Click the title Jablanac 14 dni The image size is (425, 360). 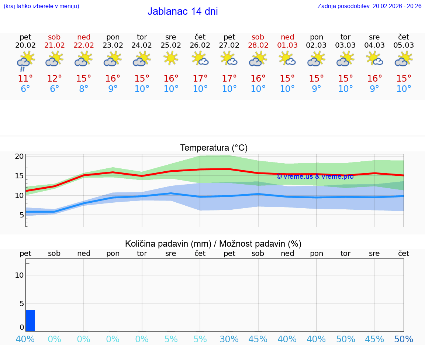coord(183,11)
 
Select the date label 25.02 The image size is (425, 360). coord(171,45)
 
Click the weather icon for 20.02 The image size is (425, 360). coord(25,60)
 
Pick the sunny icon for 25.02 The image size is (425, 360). coord(171,58)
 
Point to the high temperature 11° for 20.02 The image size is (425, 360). coord(25,79)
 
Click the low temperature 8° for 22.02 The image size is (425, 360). coord(84,89)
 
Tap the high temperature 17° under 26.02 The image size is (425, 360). coord(200,79)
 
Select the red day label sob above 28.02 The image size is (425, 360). coord(258,37)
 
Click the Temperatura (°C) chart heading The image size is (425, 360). coord(214,148)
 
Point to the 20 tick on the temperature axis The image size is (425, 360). coord(20,156)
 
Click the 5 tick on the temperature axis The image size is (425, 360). coord(22,215)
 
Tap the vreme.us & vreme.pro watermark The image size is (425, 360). coord(315,176)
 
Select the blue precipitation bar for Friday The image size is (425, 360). coord(30,320)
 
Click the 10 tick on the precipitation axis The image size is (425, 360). coord(20,275)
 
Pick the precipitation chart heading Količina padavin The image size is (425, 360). coord(213,244)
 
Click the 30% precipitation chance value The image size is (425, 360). coord(229,339)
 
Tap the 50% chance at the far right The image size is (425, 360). coord(404,339)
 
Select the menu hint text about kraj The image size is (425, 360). coord(41,6)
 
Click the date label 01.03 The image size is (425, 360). coord(287,45)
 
